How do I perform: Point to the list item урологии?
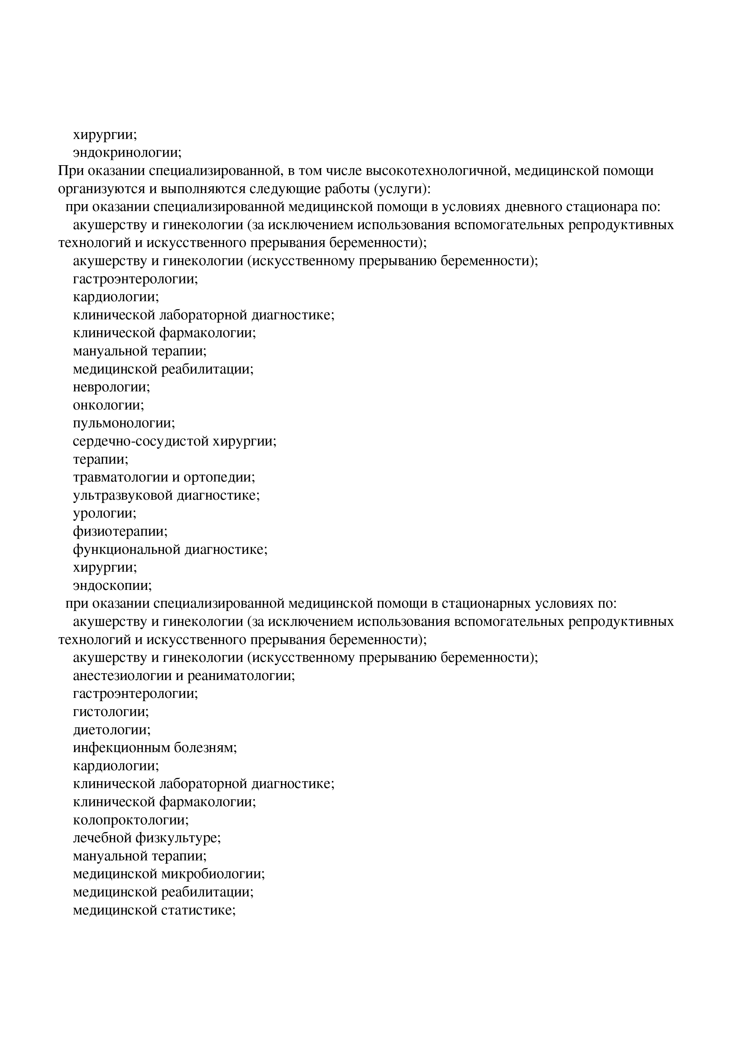click(x=104, y=513)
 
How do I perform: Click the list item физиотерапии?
click(x=120, y=532)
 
